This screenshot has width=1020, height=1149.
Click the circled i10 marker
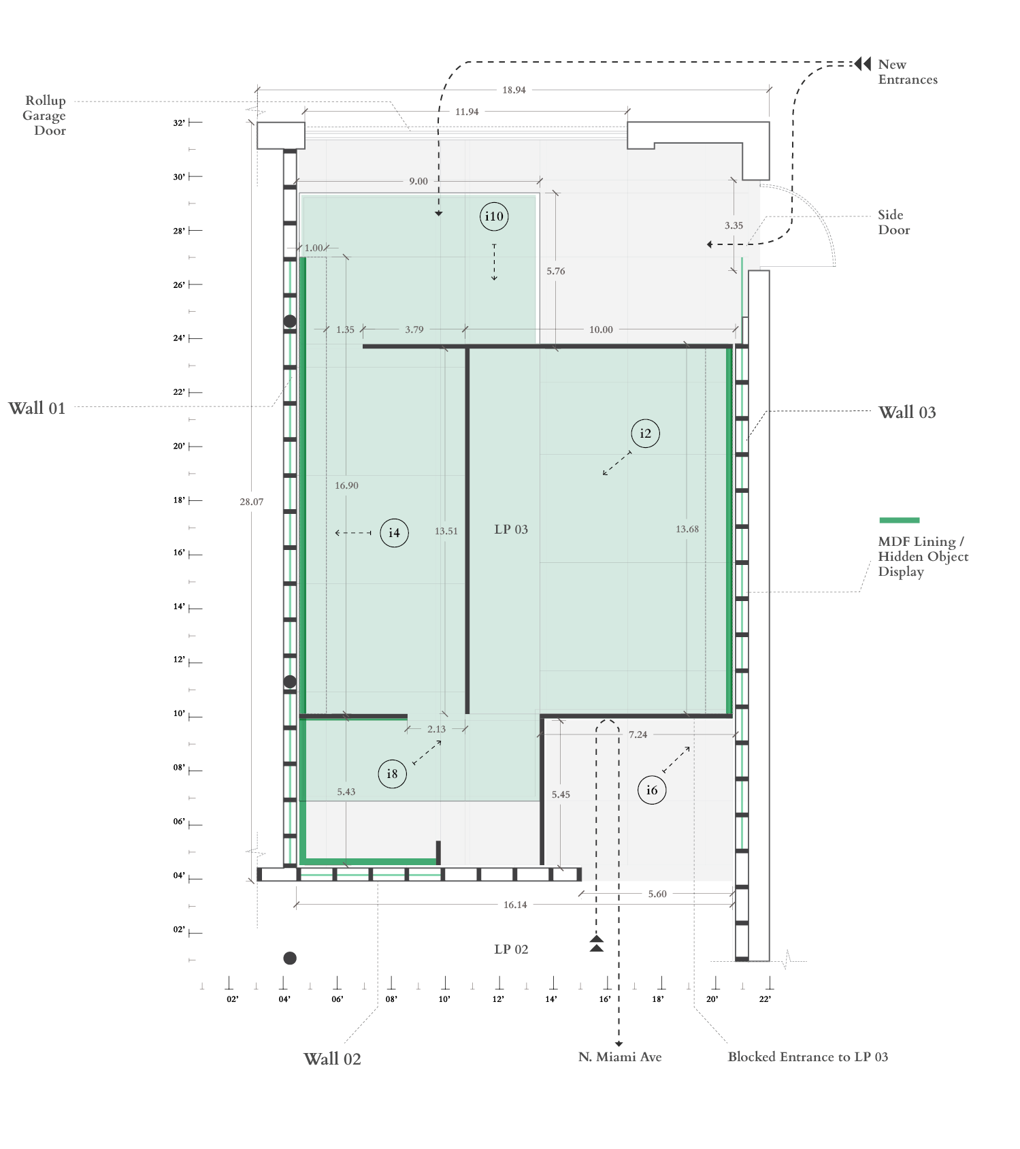(494, 216)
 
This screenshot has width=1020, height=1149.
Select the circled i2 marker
(645, 433)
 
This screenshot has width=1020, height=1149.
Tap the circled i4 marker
(394, 533)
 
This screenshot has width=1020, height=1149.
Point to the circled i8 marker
(392, 774)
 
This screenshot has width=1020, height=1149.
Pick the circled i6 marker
(652, 790)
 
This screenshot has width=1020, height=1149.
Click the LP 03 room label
(511, 530)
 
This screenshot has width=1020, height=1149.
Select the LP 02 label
(511, 950)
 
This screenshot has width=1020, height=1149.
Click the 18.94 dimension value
(514, 90)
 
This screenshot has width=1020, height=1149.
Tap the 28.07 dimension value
(251, 502)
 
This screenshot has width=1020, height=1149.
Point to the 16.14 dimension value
(515, 905)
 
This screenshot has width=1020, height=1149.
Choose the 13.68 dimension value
(687, 529)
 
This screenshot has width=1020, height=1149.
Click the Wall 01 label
(37, 408)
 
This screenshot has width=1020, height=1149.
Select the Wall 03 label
(907, 412)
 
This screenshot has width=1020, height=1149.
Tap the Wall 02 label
(332, 1059)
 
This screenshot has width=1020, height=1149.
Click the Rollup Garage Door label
(44, 116)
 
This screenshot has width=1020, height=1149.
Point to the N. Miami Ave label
(620, 1057)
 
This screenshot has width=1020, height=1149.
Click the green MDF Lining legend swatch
(899, 520)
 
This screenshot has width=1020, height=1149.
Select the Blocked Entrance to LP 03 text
(808, 1057)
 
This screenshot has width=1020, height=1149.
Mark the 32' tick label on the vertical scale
(179, 123)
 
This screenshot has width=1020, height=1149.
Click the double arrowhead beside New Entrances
(863, 63)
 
